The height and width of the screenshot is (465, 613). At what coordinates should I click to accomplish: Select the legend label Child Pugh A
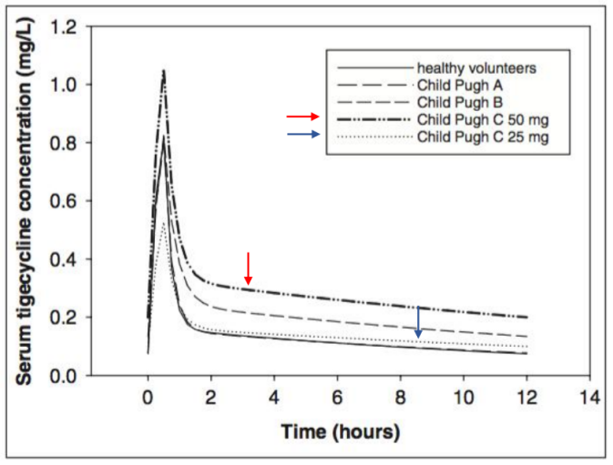455,86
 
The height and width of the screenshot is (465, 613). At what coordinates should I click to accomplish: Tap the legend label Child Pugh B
455,102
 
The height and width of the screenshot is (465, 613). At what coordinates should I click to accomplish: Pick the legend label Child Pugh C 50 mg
475,119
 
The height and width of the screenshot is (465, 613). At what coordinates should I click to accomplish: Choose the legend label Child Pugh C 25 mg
475,136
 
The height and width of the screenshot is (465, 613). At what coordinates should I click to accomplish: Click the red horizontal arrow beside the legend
303,117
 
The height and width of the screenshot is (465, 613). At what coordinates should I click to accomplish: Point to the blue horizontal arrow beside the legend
303,135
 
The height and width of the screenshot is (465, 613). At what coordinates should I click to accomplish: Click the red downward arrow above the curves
247,268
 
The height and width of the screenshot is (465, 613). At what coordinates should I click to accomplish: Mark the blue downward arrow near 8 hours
418,322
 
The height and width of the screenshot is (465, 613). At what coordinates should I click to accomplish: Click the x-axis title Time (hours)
339,431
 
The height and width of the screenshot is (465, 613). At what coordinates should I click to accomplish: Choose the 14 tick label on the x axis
590,398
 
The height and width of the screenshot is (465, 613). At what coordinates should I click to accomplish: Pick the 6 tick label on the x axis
337,398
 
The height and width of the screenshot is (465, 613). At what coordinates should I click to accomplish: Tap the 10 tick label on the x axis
463,398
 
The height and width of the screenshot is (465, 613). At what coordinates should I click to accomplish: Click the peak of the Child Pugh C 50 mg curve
163,71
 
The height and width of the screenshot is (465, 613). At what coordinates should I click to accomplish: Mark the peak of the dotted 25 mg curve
163,222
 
